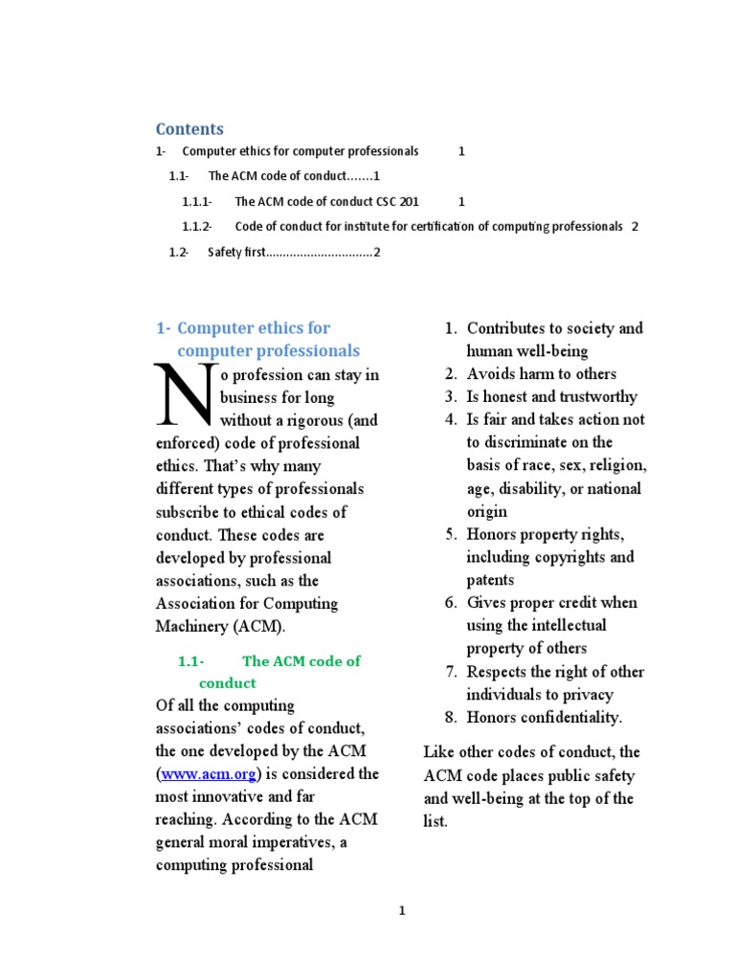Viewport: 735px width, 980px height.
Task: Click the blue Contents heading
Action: point(189,129)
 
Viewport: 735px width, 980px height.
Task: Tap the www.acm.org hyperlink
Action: point(209,774)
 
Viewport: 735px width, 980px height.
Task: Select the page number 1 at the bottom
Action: point(402,911)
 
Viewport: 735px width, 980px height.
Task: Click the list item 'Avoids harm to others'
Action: point(541,374)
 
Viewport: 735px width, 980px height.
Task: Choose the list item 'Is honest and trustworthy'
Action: point(551,397)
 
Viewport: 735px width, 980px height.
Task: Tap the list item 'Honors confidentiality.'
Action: point(544,718)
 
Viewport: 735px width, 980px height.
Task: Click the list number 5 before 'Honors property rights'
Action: point(451,534)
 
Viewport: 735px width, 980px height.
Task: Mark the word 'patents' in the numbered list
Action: point(490,580)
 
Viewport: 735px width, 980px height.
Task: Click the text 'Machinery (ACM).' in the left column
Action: point(220,627)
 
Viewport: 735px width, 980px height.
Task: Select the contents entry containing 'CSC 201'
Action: point(326,202)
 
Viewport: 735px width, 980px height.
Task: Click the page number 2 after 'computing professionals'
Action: point(635,227)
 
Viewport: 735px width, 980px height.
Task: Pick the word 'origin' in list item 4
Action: point(486,512)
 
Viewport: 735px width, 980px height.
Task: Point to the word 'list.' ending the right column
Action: point(435,821)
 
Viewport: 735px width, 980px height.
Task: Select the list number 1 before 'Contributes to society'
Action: point(451,328)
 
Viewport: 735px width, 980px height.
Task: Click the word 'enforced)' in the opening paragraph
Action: point(186,443)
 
